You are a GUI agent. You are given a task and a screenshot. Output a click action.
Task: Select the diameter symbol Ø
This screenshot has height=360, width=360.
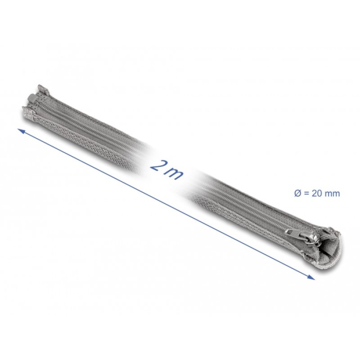(x=290, y=193)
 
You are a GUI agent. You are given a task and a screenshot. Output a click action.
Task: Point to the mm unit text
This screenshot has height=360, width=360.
(x=332, y=194)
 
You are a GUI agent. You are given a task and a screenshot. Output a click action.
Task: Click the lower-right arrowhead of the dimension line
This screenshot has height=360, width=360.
(x=313, y=278)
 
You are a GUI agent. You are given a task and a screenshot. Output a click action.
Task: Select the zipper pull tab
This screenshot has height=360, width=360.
(x=291, y=231)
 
